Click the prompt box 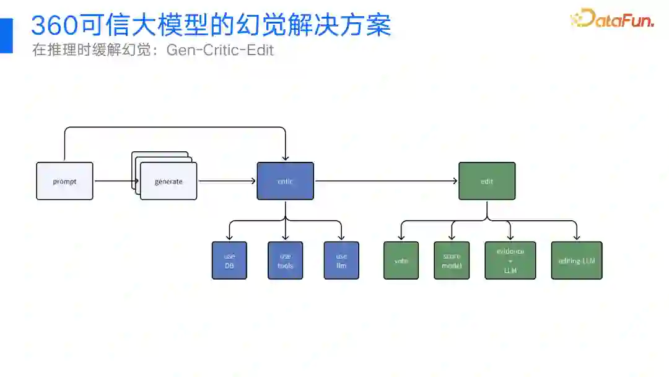[64, 181]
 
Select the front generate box [168, 181]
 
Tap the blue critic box [285, 181]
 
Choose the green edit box [487, 181]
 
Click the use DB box [229, 260]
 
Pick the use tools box [285, 260]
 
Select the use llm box [341, 260]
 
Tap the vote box [401, 260]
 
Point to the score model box [452, 260]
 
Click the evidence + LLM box [510, 260]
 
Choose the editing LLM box [577, 260]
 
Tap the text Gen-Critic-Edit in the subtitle [220, 50]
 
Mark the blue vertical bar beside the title [6, 35]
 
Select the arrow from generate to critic [227, 181]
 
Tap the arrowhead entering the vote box [401, 238]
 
